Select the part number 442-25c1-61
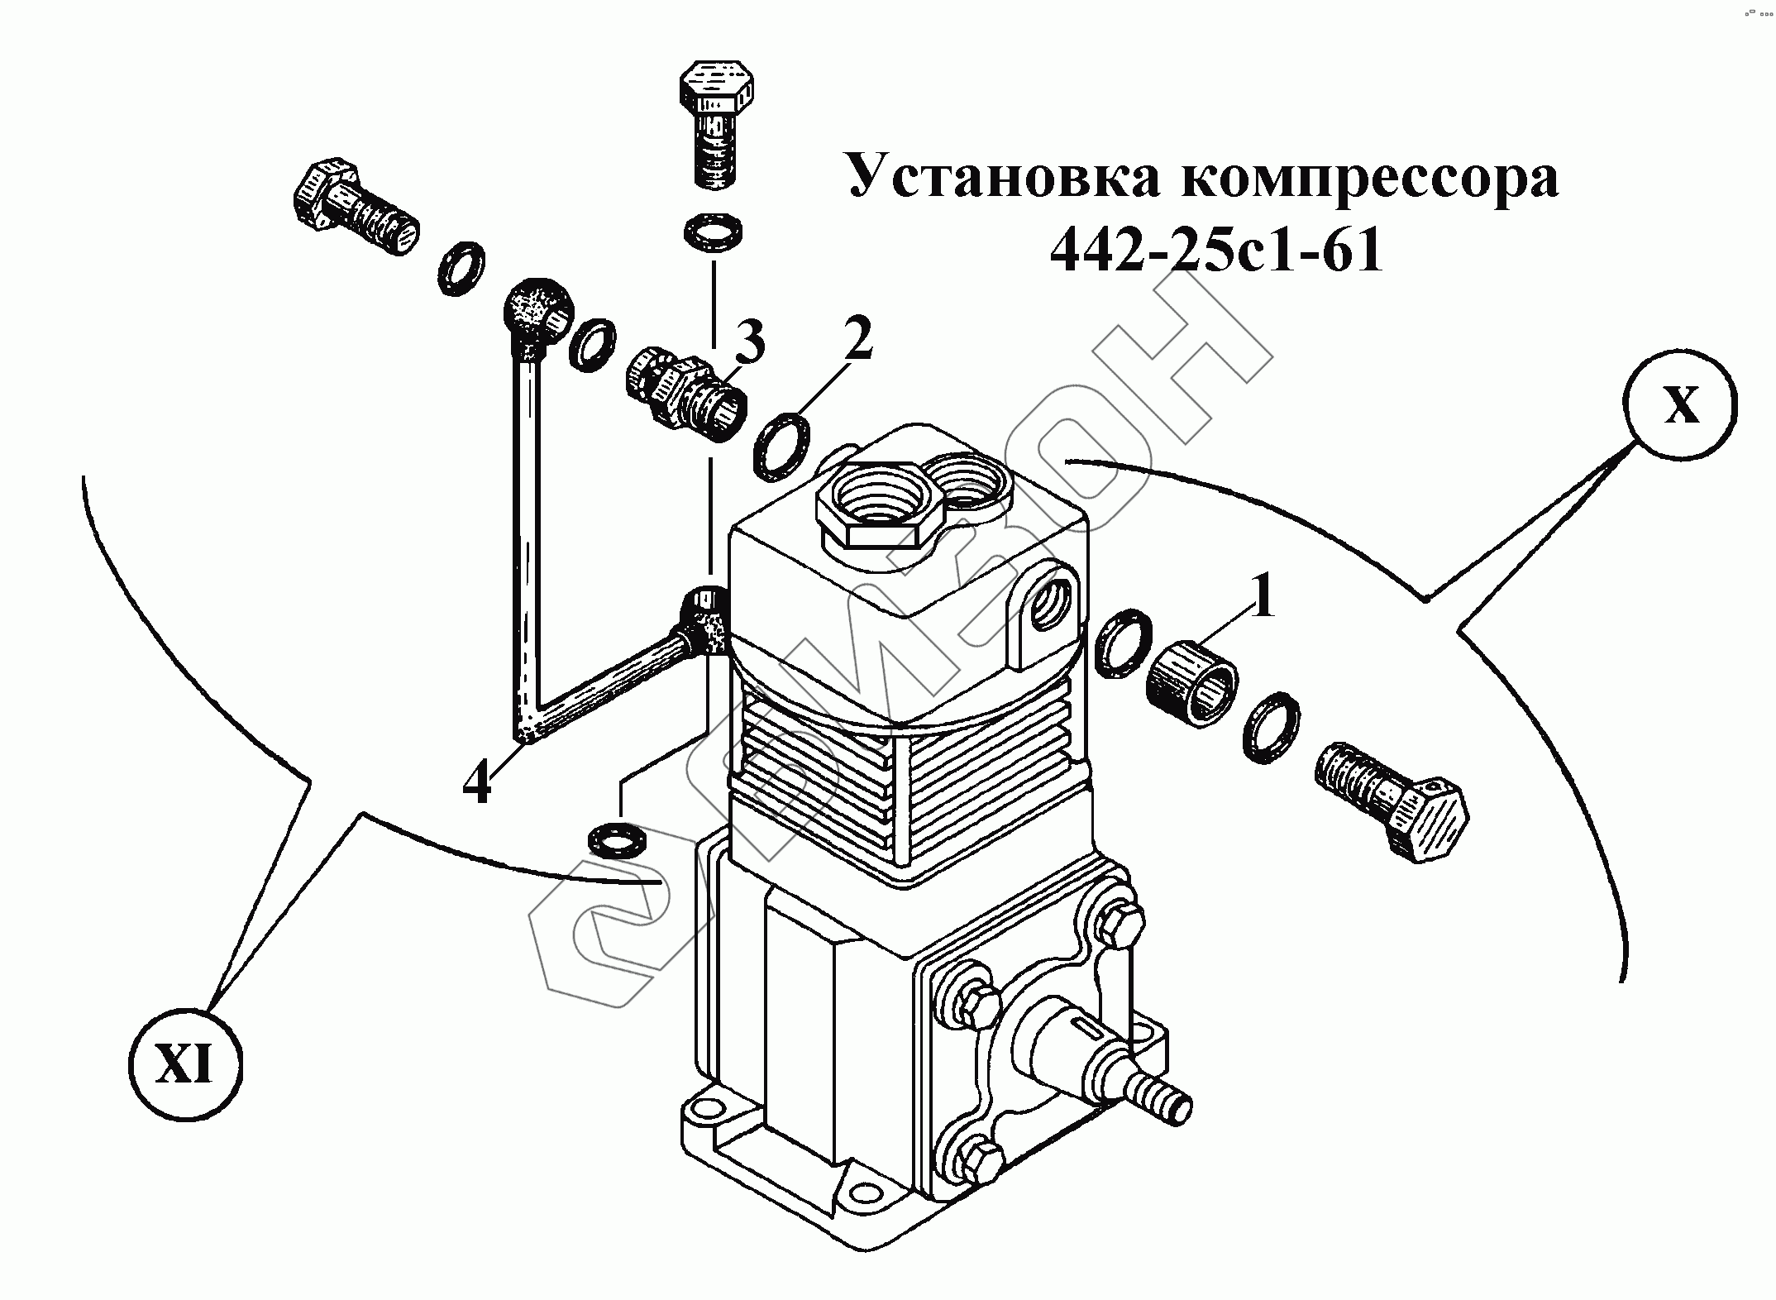point(1215,249)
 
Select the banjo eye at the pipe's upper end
point(534,314)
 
